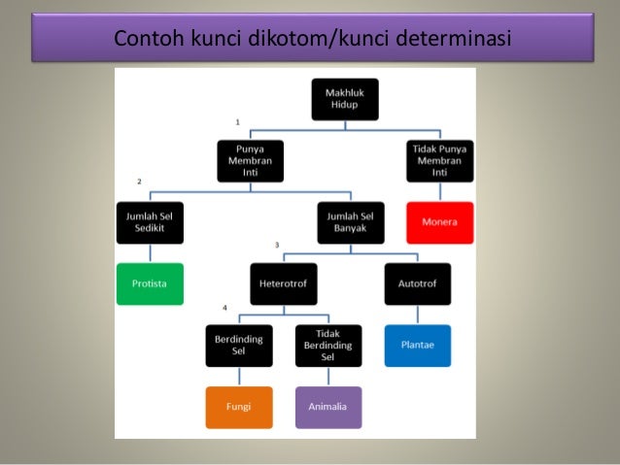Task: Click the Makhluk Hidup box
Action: pyautogui.click(x=345, y=99)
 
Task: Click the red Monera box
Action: pyautogui.click(x=439, y=222)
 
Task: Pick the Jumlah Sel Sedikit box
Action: pyautogui.click(x=150, y=222)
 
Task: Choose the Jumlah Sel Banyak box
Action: pyautogui.click(x=350, y=222)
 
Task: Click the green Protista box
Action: pyautogui.click(x=150, y=283)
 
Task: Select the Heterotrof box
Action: pyautogui.click(x=283, y=283)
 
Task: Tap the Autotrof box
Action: pyautogui.click(x=417, y=283)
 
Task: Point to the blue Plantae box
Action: pyautogui.click(x=417, y=345)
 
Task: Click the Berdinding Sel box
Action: pyautogui.click(x=238, y=345)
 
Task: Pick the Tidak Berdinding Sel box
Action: pyautogui.click(x=328, y=345)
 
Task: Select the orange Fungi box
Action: pyautogui.click(x=238, y=407)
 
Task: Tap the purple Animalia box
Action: pyautogui.click(x=328, y=407)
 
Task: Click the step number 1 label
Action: pyautogui.click(x=237, y=122)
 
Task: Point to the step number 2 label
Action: pyautogui.click(x=140, y=183)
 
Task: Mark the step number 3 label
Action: pyautogui.click(x=277, y=245)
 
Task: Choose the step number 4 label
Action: pyautogui.click(x=224, y=308)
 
